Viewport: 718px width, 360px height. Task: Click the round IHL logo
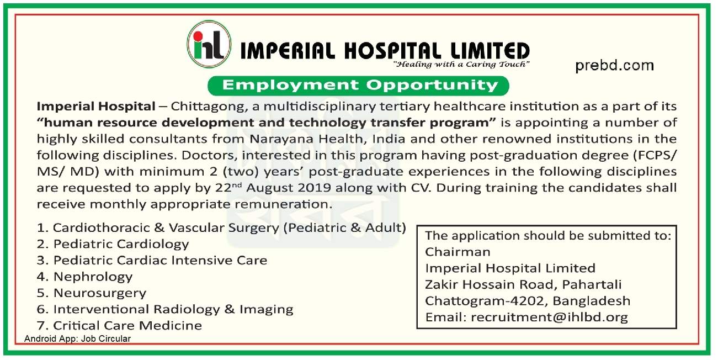[209, 44]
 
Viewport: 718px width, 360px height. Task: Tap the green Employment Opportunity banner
[358, 86]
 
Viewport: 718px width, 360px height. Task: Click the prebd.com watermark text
[614, 66]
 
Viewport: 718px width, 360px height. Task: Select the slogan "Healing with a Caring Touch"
[461, 64]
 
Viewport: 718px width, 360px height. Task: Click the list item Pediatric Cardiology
[113, 244]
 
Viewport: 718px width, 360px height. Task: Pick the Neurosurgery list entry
[92, 293]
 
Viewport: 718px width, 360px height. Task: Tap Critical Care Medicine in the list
[119, 326]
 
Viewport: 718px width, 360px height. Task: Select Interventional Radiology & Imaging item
[165, 309]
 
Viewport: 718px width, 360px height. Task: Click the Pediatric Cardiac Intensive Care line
[152, 260]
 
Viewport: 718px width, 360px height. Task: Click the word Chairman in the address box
[458, 252]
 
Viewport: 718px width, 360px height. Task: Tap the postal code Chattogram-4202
[484, 301]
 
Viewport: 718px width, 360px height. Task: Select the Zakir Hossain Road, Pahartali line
[523, 284]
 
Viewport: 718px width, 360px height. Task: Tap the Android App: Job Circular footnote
[78, 339]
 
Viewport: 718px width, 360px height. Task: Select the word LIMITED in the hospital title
[490, 51]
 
